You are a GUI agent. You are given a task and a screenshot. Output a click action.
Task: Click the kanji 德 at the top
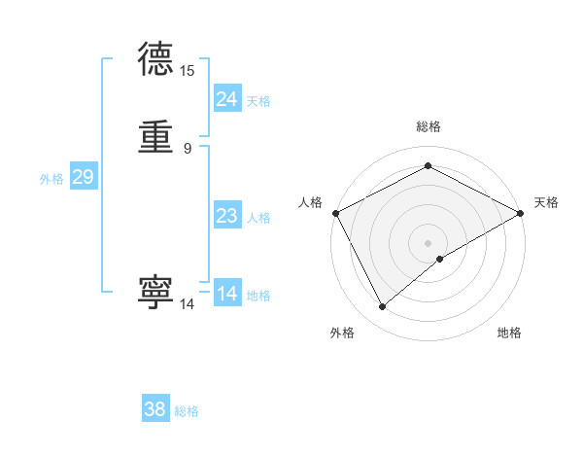156,60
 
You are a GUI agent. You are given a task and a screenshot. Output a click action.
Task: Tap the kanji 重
156,138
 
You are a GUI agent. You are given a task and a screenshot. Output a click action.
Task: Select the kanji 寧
156,293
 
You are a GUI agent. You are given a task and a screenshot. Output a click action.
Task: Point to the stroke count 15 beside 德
187,71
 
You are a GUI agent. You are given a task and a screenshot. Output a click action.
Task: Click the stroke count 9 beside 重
187,149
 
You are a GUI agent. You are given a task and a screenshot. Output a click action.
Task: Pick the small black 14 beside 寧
187,304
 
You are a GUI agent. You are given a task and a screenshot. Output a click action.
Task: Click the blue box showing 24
227,99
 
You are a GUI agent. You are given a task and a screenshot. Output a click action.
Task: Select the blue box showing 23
227,216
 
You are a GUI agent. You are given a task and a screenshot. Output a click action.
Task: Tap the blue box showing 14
227,294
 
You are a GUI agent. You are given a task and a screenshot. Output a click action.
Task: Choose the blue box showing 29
83,177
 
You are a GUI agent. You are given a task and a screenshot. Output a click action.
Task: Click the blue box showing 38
155,409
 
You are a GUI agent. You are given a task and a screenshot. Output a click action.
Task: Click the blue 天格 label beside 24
258,101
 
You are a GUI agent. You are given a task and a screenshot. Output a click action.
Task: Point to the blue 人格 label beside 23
258,218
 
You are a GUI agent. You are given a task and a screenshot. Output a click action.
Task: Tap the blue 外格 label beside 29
51,179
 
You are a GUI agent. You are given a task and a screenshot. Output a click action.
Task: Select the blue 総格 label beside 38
187,411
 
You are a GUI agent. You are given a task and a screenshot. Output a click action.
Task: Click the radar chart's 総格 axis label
428,126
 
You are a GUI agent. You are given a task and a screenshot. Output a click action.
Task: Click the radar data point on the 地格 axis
440,259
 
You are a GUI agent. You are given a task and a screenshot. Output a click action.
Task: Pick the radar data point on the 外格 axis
383,307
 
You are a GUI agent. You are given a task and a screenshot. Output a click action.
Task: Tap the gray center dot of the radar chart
428,242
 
